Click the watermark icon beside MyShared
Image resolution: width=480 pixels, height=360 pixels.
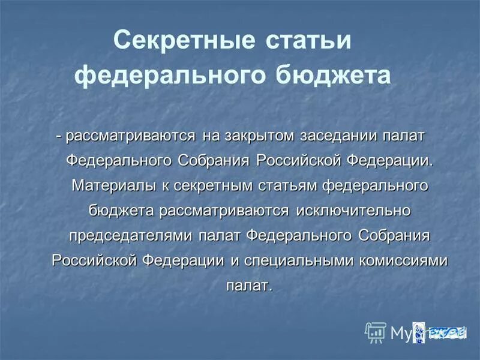click(376, 331)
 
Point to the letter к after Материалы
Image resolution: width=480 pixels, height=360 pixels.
click(164, 185)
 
